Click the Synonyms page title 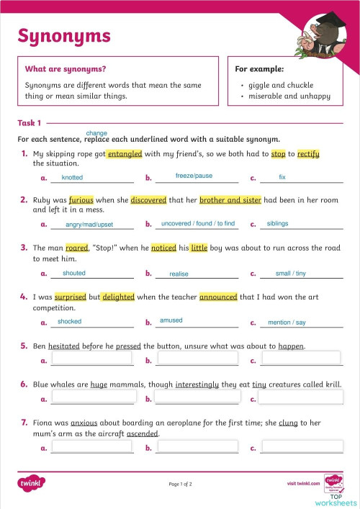(64, 35)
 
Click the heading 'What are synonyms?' (66, 69)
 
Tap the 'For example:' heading (259, 69)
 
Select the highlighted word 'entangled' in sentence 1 (125, 154)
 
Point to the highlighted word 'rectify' (308, 154)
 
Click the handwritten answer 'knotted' (72, 177)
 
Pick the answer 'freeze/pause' (194, 176)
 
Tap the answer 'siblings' (277, 224)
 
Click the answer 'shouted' (74, 274)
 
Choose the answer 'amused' (171, 320)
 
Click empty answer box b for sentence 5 (197, 359)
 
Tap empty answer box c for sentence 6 (301, 397)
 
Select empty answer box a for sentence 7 (92, 446)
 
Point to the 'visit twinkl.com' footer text (302, 483)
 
